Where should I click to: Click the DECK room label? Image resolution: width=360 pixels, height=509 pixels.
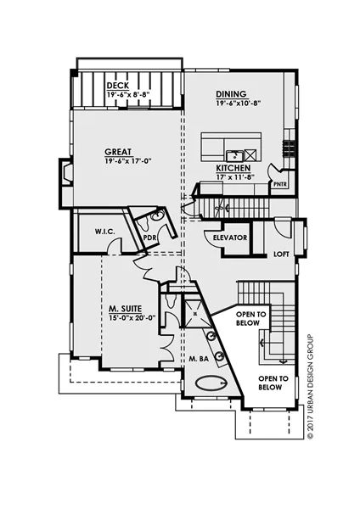coord(118,86)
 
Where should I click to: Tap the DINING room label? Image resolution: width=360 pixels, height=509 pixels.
coord(231,94)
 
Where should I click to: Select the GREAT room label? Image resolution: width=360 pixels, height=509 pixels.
coord(118,152)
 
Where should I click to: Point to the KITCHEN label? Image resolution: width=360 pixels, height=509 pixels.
coord(233,168)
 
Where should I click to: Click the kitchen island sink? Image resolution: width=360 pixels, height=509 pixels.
coord(233,155)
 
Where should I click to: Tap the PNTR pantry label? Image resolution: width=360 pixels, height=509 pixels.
coord(280,184)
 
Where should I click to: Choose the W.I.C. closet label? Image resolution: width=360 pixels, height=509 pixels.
coord(105,232)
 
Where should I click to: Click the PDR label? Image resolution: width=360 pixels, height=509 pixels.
coord(149,238)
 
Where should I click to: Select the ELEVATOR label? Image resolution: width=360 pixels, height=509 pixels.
coord(230,238)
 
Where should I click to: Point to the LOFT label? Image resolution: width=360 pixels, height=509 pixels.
coord(281,255)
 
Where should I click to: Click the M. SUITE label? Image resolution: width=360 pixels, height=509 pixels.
coord(125,309)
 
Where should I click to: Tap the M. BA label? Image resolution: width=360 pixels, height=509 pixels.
coord(199,359)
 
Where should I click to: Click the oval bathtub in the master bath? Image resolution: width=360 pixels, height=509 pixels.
coord(211,383)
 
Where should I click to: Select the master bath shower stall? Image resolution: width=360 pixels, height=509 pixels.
coord(195,313)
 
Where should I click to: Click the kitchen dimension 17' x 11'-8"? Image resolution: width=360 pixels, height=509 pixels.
coord(235,177)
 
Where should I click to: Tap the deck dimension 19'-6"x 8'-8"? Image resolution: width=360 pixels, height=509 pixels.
coord(130,95)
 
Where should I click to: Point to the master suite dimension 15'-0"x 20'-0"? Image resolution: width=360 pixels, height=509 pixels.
coord(132,317)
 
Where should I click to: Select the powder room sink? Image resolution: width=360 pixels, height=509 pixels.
coord(159,215)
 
